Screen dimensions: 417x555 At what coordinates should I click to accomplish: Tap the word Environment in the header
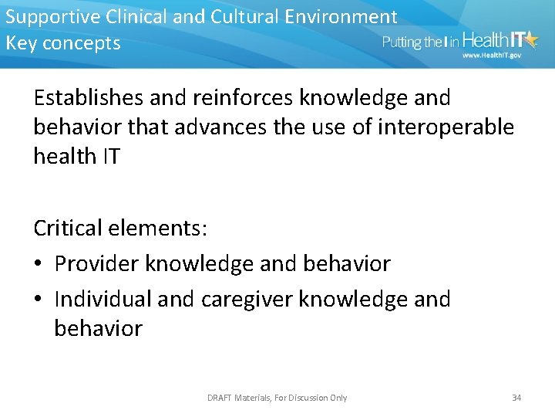pos(350,17)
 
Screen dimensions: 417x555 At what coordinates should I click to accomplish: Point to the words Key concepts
pos(63,43)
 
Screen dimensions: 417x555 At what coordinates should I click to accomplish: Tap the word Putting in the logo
pos(402,42)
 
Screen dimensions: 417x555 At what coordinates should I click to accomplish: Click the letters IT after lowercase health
pos(109,156)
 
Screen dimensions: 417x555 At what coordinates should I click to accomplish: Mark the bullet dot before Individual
pos(38,300)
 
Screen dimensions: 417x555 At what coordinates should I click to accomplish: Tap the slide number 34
pos(516,398)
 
